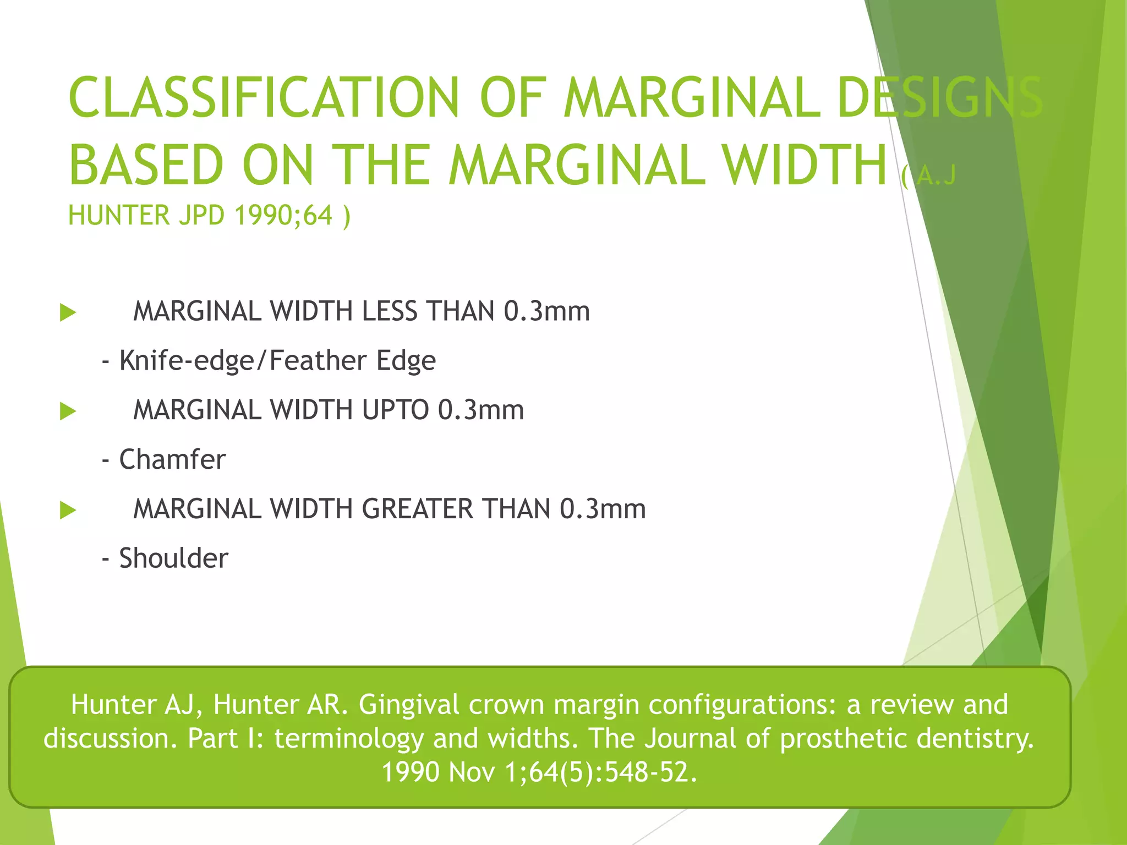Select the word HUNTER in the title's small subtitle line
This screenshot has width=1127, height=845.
pos(119,215)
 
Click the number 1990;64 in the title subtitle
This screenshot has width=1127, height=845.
pos(284,215)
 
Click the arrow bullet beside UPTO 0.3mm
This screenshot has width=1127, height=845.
pos(68,411)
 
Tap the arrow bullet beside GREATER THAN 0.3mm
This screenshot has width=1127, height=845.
pos(68,510)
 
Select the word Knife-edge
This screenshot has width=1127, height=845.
pos(187,361)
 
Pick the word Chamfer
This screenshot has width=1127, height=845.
pos(172,459)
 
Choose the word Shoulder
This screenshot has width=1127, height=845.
pos(173,558)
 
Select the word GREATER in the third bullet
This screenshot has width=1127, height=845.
pos(417,509)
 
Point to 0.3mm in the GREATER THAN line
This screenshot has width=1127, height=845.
pos(603,509)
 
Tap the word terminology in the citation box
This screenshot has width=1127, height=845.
pos(349,738)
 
